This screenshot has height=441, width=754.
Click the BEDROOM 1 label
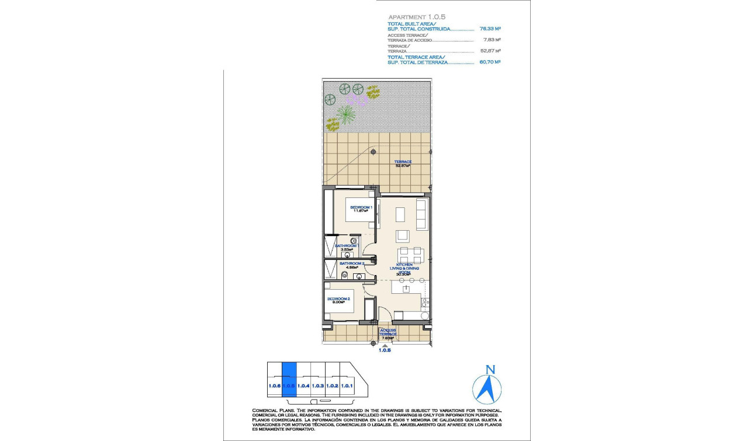[360, 209]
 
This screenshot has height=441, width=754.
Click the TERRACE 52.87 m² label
[403, 164]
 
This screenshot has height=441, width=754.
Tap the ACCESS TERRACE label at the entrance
[388, 334]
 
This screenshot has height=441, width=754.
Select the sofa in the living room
[421, 214]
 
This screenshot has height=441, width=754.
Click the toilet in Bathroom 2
[356, 277]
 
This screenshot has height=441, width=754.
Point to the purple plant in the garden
[357, 100]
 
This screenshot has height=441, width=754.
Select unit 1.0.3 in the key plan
[317, 386]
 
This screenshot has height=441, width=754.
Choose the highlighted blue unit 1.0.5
[289, 380]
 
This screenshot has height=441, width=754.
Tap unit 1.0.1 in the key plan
[347, 386]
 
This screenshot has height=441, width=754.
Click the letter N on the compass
[490, 369]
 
